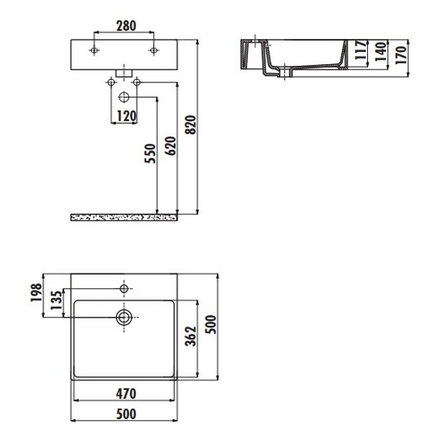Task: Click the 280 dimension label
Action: pyautogui.click(x=126, y=26)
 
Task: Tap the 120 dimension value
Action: pyautogui.click(x=126, y=116)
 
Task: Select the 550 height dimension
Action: pyautogui.click(x=150, y=153)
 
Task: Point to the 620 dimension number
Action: pyautogui.click(x=171, y=145)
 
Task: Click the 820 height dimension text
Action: pyautogui.click(x=191, y=125)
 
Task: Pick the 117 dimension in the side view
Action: pyautogui.click(x=361, y=50)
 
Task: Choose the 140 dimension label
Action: pyautogui.click(x=381, y=52)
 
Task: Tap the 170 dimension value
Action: pyautogui.click(x=401, y=55)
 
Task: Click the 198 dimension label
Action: pyautogui.click(x=36, y=293)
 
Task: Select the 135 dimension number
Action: pyautogui.click(x=57, y=301)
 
